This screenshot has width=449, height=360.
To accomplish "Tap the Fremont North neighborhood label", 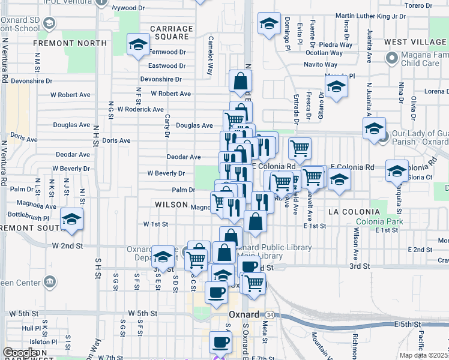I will (62, 43).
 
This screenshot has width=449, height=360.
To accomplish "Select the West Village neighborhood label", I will (415, 42).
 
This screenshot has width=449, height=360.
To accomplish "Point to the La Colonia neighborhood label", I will (354, 212).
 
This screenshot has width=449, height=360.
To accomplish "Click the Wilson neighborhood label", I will (172, 205).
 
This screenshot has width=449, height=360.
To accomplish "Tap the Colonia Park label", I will (374, 221).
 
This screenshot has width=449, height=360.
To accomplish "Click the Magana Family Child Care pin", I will (392, 58).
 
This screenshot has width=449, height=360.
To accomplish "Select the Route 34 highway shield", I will (271, 315).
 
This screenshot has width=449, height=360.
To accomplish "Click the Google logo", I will (20, 353).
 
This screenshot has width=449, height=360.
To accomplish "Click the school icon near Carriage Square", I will (137, 44).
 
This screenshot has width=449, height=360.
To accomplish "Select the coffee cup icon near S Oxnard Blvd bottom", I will (220, 343).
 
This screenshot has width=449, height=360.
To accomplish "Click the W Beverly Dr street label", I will (166, 173).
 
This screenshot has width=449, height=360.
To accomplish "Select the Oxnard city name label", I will (244, 314).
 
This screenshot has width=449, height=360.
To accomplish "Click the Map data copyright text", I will (424, 355).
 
